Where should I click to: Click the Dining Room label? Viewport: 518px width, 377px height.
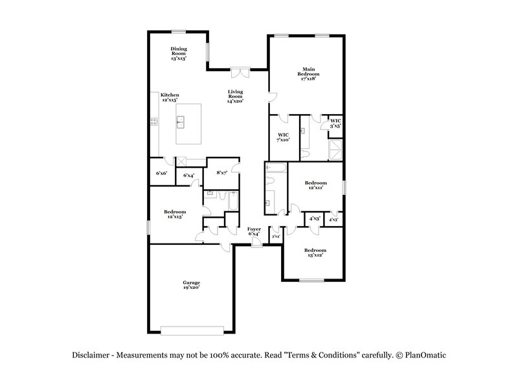pyautogui.click(x=179, y=53)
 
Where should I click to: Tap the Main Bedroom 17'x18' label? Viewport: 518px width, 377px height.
pyautogui.click(x=308, y=74)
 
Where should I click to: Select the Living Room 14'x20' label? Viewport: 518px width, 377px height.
pyautogui.click(x=234, y=97)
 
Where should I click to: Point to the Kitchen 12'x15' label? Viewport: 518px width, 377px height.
pyautogui.click(x=170, y=98)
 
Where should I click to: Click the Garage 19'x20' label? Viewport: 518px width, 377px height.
pyautogui.click(x=190, y=285)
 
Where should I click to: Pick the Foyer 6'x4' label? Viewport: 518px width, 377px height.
pyautogui.click(x=253, y=231)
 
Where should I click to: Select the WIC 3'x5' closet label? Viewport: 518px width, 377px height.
pyautogui.click(x=335, y=122)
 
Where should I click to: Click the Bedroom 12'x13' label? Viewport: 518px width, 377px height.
pyautogui.click(x=175, y=214)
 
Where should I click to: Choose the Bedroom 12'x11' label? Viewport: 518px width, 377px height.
pyautogui.click(x=316, y=185)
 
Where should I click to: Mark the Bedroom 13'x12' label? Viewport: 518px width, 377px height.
pyautogui.click(x=315, y=253)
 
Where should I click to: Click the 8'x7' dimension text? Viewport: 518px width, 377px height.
pyautogui.click(x=221, y=172)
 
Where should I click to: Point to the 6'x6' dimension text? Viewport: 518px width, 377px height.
pyautogui.click(x=161, y=174)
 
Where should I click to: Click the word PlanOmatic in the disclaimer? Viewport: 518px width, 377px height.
pyautogui.click(x=427, y=354)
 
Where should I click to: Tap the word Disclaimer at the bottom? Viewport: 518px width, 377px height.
pyautogui.click(x=91, y=354)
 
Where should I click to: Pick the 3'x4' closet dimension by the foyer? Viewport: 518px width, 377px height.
pyautogui.click(x=275, y=236)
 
